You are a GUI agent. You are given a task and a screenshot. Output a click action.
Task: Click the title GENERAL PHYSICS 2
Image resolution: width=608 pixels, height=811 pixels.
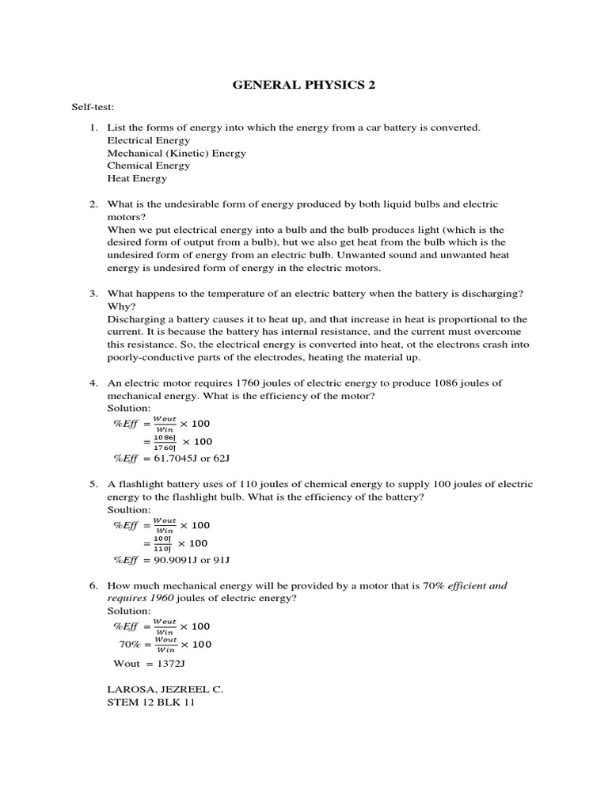tap(303, 86)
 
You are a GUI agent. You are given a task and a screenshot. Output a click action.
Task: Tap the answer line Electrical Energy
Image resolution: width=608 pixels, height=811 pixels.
tap(149, 140)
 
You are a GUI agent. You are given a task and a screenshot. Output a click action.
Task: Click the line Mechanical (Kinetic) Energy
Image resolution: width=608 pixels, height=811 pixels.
tap(177, 153)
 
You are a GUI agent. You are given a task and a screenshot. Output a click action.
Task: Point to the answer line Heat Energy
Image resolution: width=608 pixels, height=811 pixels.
tap(137, 178)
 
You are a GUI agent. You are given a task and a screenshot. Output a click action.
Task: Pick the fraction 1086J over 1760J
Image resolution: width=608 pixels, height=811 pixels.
tap(163, 442)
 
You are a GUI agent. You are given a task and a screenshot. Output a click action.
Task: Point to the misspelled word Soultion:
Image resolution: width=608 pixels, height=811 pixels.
tap(128, 509)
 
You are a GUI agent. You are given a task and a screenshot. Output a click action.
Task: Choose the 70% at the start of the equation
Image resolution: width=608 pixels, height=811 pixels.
tap(130, 644)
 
